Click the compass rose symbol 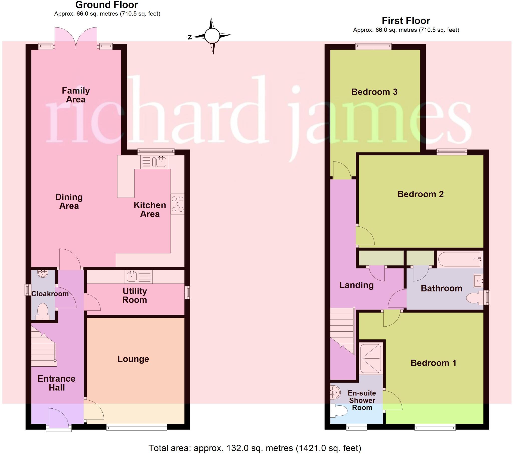(212, 36)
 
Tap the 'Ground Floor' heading (107, 5)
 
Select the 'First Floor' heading (406, 21)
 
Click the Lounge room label (133, 359)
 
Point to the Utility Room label (135, 295)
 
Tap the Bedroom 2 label (420, 194)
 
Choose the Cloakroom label (50, 294)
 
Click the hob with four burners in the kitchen (177, 204)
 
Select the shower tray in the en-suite (371, 358)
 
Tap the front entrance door (58, 418)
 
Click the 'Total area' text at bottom (254, 448)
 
